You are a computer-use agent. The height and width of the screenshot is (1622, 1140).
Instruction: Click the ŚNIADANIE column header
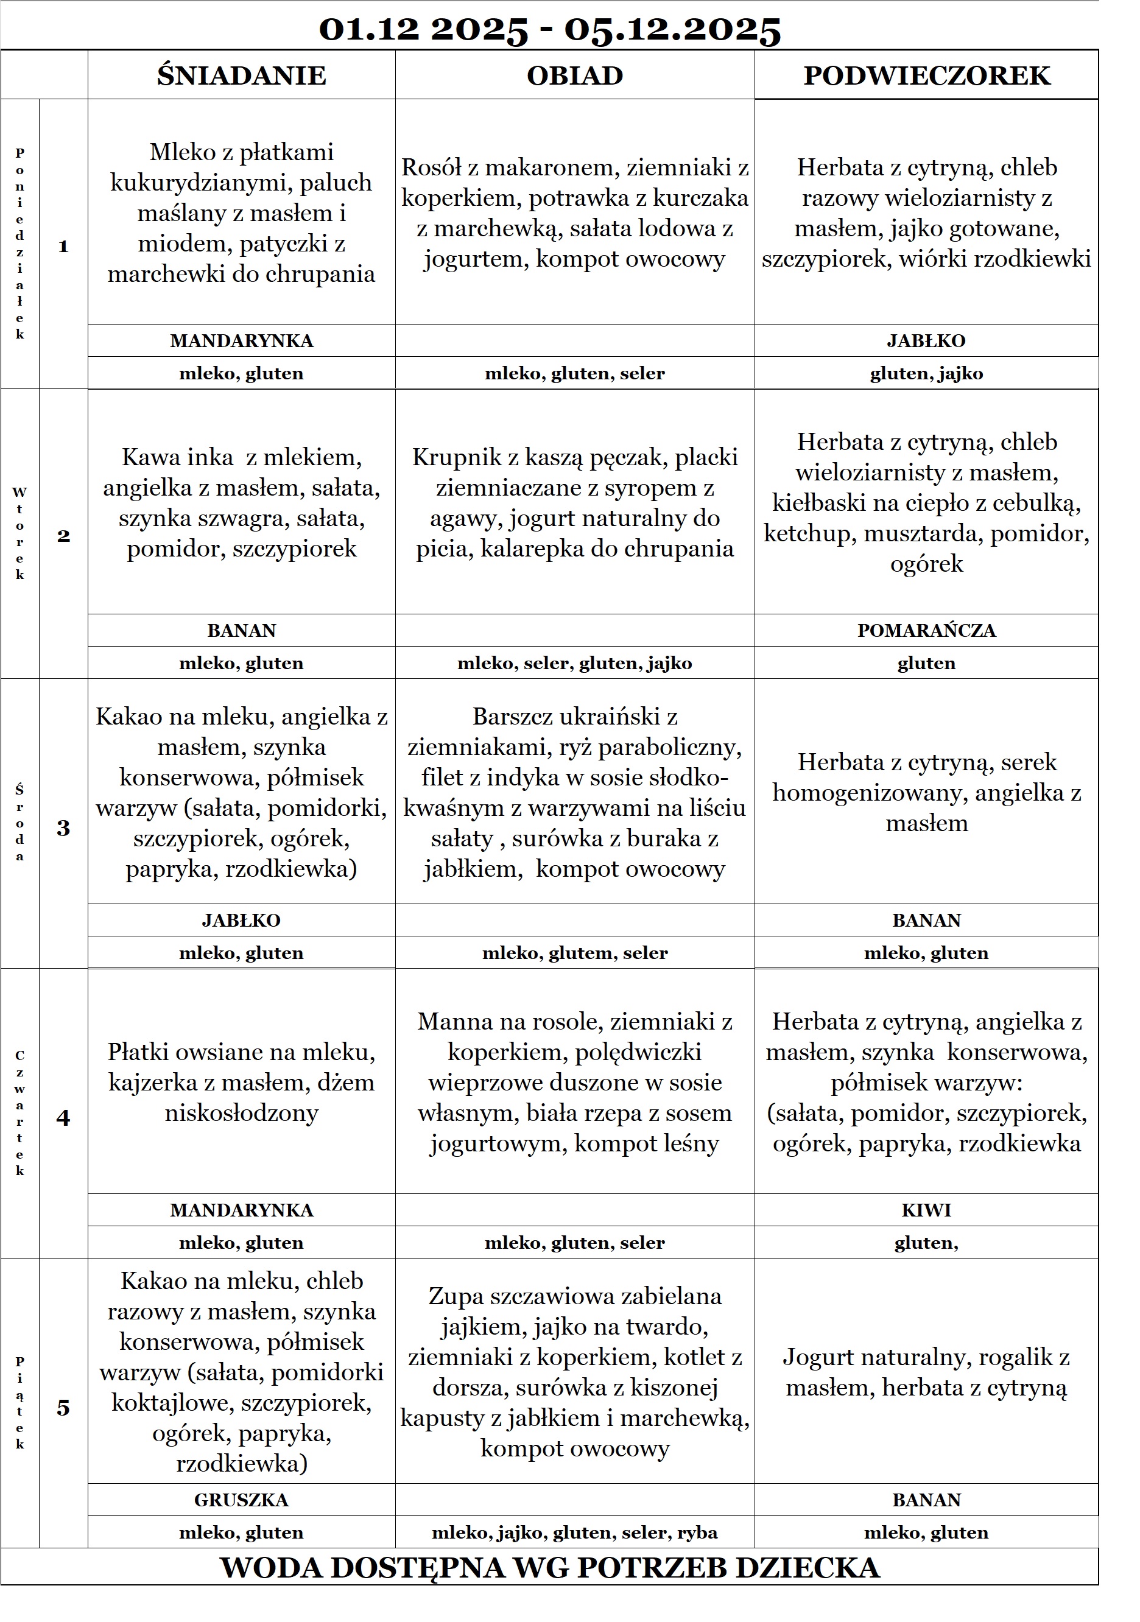pos(241,75)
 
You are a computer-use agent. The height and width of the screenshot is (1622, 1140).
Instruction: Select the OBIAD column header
pos(575,75)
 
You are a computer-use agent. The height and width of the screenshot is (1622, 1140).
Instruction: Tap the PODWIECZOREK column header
pos(927,75)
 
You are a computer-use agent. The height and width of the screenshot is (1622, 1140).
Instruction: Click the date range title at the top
pos(550,29)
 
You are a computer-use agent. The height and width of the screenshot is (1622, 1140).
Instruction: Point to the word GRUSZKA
pos(241,1500)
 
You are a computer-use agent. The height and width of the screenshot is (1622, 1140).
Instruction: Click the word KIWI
pos(927,1210)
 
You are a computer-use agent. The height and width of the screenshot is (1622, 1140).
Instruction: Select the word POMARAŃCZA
pos(927,630)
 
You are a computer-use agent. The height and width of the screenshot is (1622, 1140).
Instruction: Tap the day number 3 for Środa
pos(63,828)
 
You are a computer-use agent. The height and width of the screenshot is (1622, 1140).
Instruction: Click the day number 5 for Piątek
pos(63,1407)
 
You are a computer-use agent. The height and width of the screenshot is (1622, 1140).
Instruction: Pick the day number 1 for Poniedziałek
pos(63,247)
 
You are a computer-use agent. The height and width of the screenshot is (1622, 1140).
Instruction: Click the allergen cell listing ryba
pos(575,1532)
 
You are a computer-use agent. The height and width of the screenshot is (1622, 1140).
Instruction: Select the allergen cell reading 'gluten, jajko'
pos(927,373)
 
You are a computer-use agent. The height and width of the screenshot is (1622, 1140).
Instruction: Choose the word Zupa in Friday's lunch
pos(456,1296)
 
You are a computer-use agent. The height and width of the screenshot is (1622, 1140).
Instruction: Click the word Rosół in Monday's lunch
pos(431,167)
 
